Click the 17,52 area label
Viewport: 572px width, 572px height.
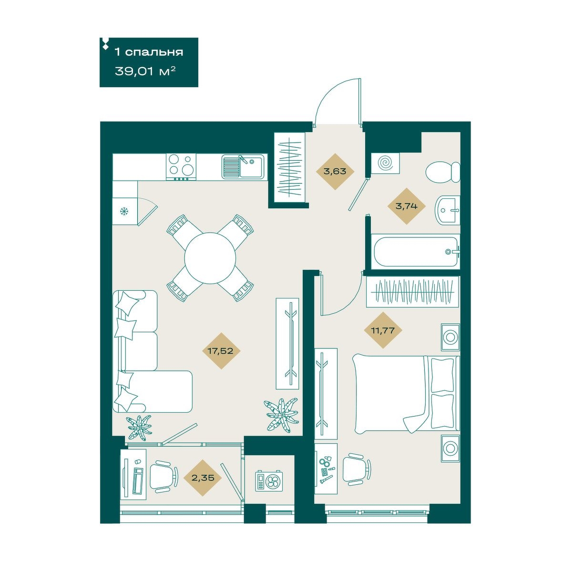(220, 351)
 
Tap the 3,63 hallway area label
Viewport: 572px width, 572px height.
(335, 171)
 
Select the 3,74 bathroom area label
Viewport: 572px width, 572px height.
(406, 206)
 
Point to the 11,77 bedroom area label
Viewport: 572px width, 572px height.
(383, 330)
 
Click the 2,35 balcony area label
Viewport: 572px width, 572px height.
(203, 478)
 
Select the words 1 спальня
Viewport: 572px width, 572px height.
(149, 52)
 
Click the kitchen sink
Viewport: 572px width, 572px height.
(242, 167)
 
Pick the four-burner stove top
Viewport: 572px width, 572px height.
(181, 167)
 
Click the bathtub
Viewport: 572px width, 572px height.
(416, 252)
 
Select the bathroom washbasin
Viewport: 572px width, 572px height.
(448, 210)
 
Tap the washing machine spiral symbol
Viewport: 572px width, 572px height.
(386, 163)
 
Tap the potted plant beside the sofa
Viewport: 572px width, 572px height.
(139, 428)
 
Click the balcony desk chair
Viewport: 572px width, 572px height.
(163, 478)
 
